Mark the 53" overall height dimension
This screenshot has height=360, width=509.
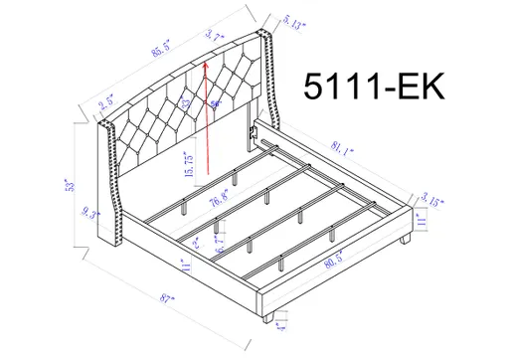point(72,186)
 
